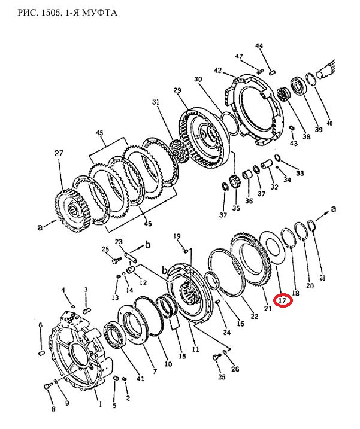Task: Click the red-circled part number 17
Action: click(x=283, y=300)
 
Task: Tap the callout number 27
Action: click(x=59, y=154)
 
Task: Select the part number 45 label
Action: click(x=99, y=133)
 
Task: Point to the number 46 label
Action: click(x=148, y=224)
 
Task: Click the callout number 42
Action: click(x=217, y=71)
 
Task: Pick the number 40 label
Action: click(x=329, y=123)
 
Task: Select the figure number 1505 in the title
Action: click(x=52, y=13)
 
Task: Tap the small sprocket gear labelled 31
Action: click(x=179, y=153)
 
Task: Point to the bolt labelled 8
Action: click(x=48, y=386)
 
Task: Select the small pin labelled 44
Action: click(x=273, y=72)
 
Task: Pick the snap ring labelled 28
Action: click(x=312, y=226)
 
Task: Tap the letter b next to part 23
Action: click(x=147, y=244)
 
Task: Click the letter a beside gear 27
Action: click(x=40, y=227)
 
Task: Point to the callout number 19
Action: click(x=177, y=236)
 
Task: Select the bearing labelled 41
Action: click(x=115, y=335)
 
